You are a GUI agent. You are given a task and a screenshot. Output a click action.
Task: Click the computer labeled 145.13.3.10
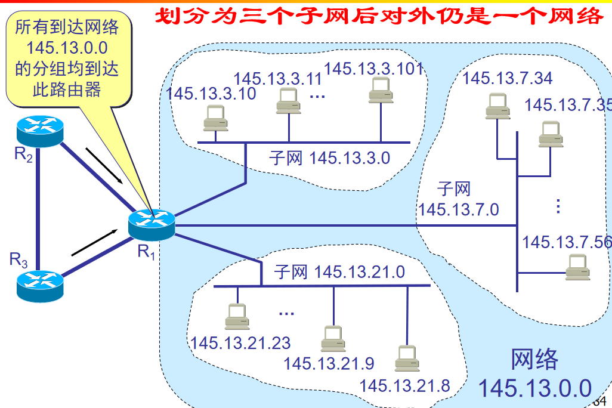(215, 118)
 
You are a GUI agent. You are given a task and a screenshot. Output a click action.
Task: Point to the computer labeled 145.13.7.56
(578, 267)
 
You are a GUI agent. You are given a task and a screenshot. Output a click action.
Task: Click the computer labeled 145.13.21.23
(237, 317)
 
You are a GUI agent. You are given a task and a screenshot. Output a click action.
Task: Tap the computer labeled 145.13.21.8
(407, 358)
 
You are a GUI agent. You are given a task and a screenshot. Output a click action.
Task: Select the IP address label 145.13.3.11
(277, 79)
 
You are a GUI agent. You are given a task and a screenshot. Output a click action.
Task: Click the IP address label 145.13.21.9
(329, 363)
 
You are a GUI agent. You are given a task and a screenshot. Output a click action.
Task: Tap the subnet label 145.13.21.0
(339, 273)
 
